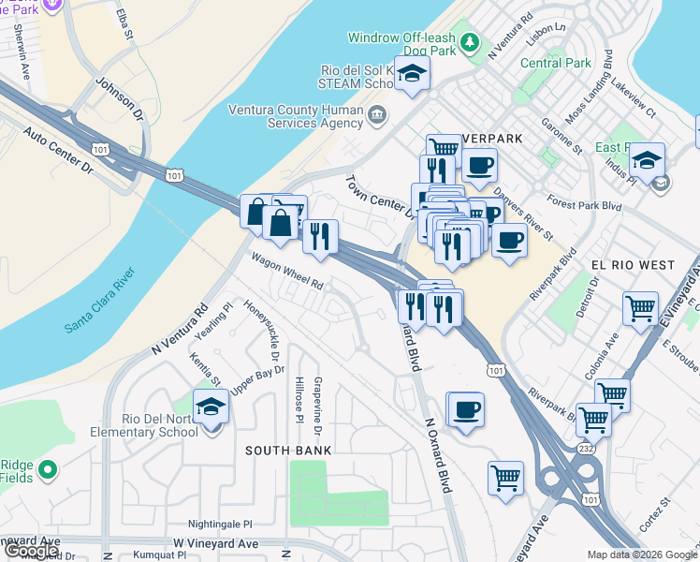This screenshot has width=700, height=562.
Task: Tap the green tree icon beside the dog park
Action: [x=470, y=41]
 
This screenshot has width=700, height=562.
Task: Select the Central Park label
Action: [x=556, y=64]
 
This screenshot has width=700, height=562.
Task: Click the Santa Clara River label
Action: [x=100, y=301]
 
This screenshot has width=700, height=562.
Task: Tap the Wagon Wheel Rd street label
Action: [x=286, y=271]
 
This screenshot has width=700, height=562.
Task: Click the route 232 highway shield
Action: [x=586, y=450]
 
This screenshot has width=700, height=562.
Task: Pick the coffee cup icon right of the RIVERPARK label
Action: [x=479, y=166]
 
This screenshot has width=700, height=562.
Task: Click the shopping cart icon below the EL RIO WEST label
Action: [x=640, y=307]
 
